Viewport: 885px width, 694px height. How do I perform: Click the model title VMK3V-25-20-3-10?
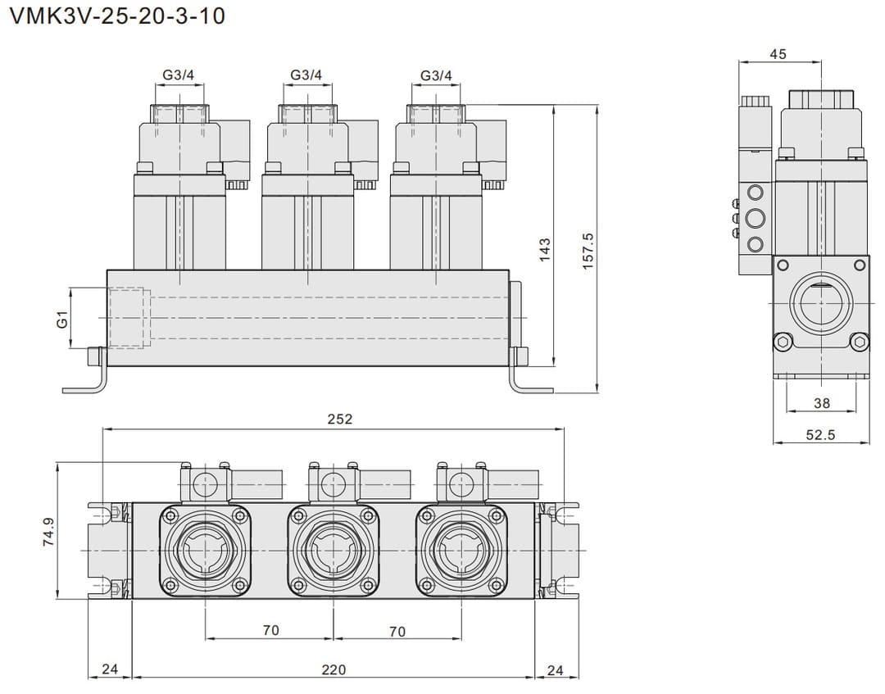pyautogui.click(x=116, y=16)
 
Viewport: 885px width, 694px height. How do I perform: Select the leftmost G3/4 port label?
pyautogui.click(x=178, y=75)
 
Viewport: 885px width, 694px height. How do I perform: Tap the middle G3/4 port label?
pyautogui.click(x=306, y=75)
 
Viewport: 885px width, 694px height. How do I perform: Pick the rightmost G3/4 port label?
pyautogui.click(x=436, y=75)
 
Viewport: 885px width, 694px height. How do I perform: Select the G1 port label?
pyautogui.click(x=61, y=319)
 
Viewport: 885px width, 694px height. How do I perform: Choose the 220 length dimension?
pyautogui.click(x=333, y=669)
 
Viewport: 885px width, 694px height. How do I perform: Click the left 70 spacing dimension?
pyautogui.click(x=270, y=630)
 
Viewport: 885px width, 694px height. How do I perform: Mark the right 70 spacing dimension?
pyautogui.click(x=397, y=631)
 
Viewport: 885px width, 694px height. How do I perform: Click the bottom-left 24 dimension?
pyautogui.click(x=110, y=669)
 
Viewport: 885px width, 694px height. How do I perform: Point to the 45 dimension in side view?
pyautogui.click(x=778, y=54)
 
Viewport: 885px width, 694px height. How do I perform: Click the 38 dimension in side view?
pyautogui.click(x=822, y=402)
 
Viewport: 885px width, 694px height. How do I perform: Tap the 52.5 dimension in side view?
pyautogui.click(x=820, y=435)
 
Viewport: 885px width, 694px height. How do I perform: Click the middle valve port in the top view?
pyautogui.click(x=334, y=549)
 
